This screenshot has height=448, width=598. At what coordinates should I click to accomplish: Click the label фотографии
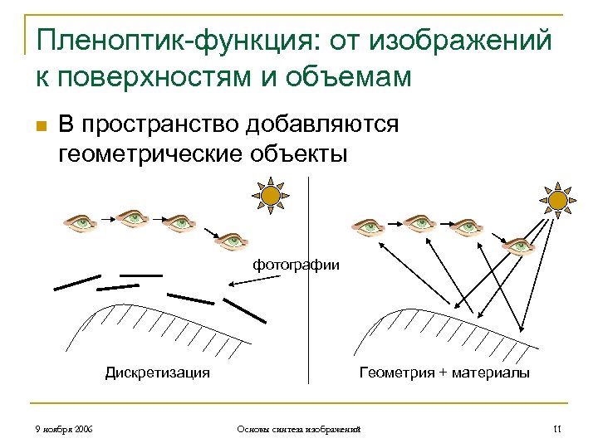coord(297,265)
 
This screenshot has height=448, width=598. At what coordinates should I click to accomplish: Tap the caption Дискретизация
coord(157,373)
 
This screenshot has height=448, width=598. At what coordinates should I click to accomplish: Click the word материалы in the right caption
coord(488,373)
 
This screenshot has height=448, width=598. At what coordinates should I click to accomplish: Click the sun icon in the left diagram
coord(269,196)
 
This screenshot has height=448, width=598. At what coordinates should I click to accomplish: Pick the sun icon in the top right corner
coord(559,199)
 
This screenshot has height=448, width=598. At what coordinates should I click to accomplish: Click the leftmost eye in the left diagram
coord(81,222)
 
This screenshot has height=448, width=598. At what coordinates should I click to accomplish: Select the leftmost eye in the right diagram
coord(368,226)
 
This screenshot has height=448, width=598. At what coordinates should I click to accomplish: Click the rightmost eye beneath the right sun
coord(518,245)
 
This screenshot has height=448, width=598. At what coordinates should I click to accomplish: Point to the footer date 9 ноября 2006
coord(59,429)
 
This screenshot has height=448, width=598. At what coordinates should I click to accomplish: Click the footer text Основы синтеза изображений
coord(298,429)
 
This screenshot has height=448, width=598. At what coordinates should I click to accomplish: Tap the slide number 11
coord(556,429)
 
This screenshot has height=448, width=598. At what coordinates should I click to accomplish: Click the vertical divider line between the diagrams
coord(309,332)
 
